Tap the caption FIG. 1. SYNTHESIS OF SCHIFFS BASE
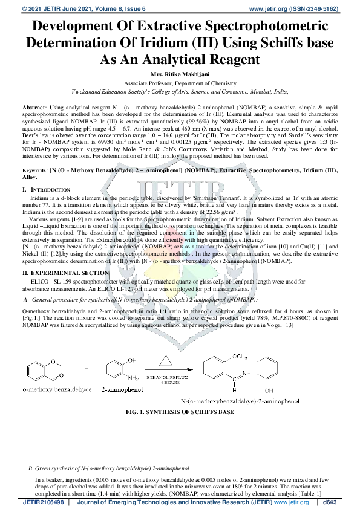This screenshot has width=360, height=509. [x=180, y=412]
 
